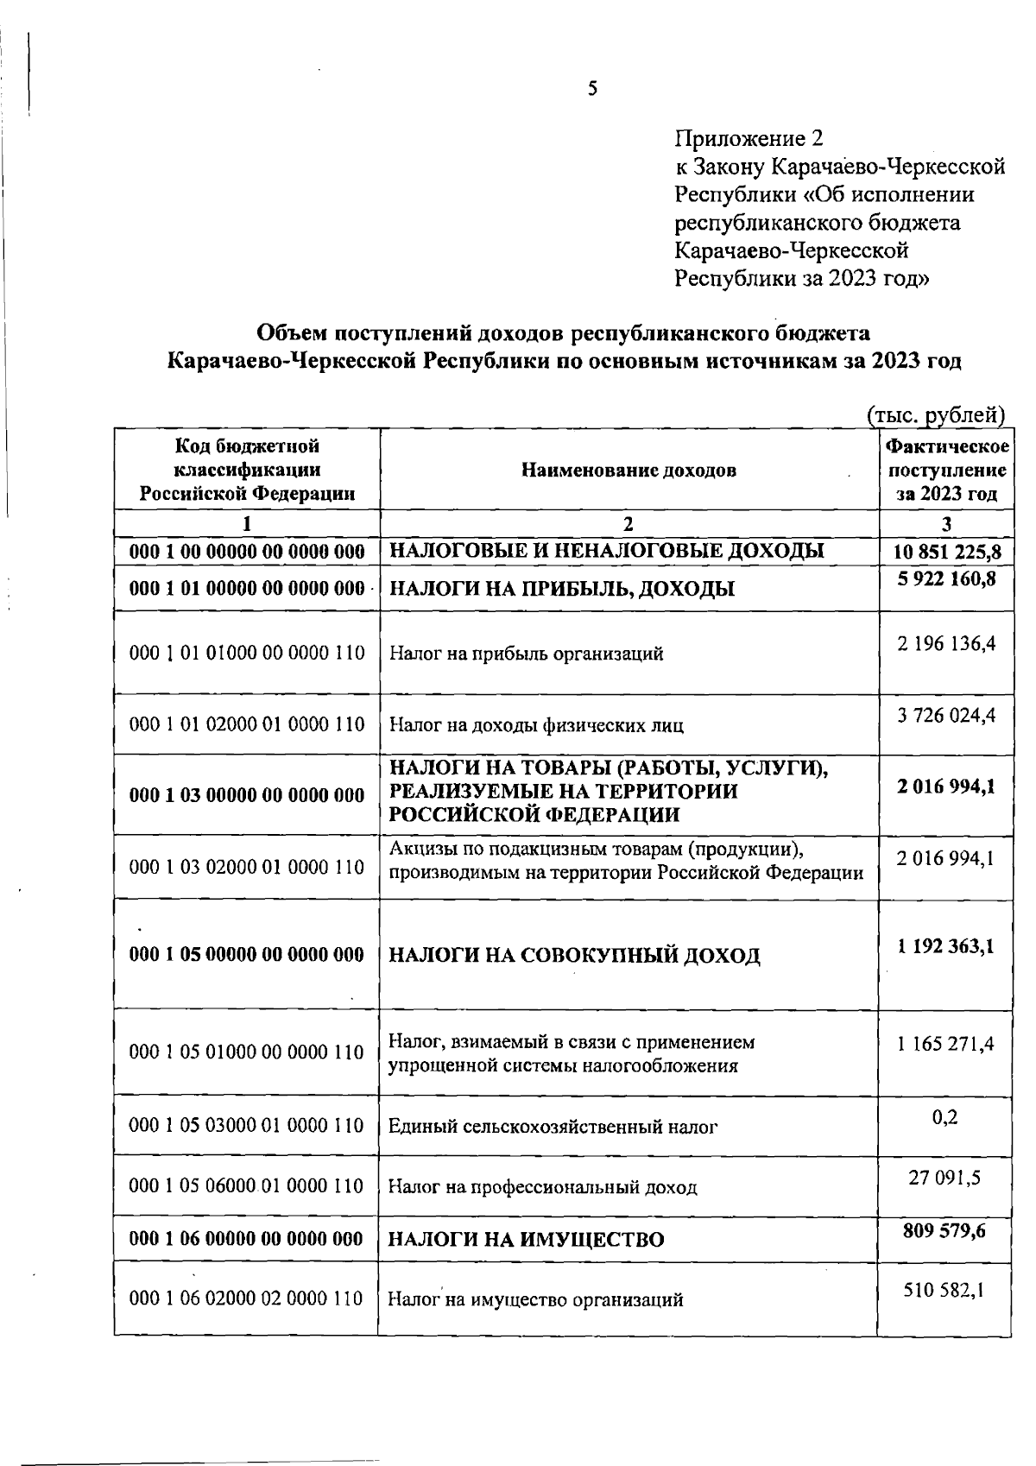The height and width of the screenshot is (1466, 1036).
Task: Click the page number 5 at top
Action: click(592, 88)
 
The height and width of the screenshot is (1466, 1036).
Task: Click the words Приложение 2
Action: click(749, 138)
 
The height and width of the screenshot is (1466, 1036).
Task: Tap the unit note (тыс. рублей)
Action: click(936, 415)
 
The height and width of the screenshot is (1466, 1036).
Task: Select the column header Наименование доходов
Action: click(629, 471)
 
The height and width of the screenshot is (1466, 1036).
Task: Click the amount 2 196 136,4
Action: click(947, 644)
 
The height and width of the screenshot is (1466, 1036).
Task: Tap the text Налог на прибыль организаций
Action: click(526, 654)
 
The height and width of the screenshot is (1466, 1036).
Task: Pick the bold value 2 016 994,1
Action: click(947, 786)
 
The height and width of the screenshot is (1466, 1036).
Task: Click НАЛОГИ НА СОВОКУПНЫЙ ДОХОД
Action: click(574, 956)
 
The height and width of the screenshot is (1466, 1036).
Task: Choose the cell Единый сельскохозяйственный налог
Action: click(553, 1127)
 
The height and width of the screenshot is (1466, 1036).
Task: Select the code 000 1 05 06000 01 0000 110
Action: click(247, 1186)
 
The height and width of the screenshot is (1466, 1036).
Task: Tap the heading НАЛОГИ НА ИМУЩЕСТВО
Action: click(526, 1241)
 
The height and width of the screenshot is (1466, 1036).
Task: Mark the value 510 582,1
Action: click(945, 1290)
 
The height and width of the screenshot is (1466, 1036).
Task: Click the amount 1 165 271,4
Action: click(945, 1044)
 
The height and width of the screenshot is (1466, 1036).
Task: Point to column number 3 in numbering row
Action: click(947, 524)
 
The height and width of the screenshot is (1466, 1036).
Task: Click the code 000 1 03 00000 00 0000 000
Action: click(247, 795)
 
